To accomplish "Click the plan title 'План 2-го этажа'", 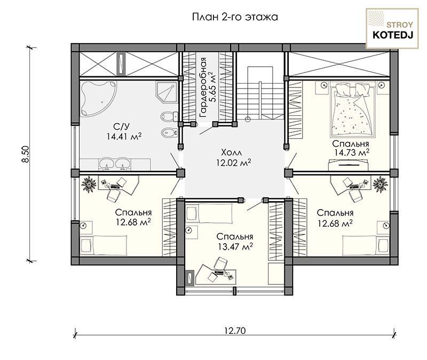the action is point(235,17).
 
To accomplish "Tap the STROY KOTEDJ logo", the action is point(392,29).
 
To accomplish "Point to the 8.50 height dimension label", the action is point(25,154).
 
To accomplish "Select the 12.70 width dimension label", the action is point(235,330).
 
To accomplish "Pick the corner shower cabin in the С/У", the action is point(167,92).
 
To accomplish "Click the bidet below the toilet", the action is point(169,133).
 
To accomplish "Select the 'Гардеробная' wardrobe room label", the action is point(203,87).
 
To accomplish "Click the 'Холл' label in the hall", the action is point(232,152).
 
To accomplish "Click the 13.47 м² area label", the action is point(235,246).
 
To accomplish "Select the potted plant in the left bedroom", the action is point(89,184).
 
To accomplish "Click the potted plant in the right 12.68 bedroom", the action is point(380,184).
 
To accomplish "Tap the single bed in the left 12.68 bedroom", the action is point(104,245).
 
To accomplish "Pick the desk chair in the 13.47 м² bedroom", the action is point(220,264).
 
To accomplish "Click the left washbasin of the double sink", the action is point(107,164).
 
